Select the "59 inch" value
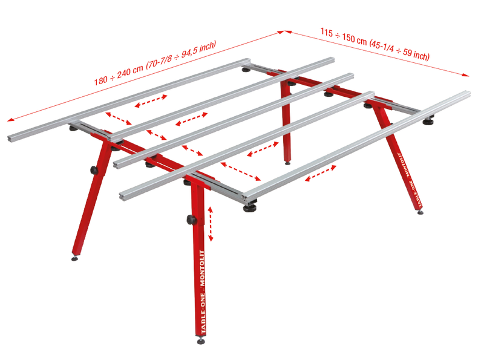click(x=416, y=55)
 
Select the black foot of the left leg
click(x=74, y=258)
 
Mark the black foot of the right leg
click(x=421, y=211)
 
